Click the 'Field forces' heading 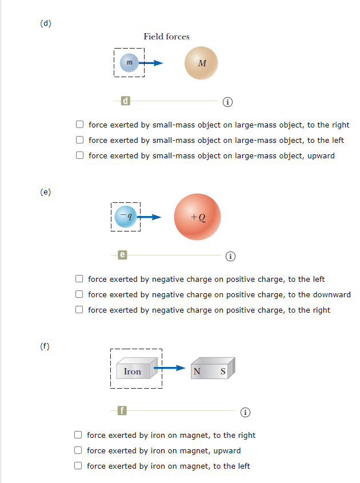click(166, 37)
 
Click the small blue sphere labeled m click(129, 63)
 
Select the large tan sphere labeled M click(201, 63)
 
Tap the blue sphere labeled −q click(126, 217)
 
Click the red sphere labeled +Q click(197, 217)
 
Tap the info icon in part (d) click(227, 102)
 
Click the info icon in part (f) click(245, 411)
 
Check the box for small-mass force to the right click(81, 125)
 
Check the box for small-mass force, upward click(81, 155)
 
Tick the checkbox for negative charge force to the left click(81, 279)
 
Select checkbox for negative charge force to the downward click(81, 294)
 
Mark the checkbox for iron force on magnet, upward click(79, 450)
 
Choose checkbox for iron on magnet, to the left click(79, 466)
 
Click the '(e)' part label click(45, 191)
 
